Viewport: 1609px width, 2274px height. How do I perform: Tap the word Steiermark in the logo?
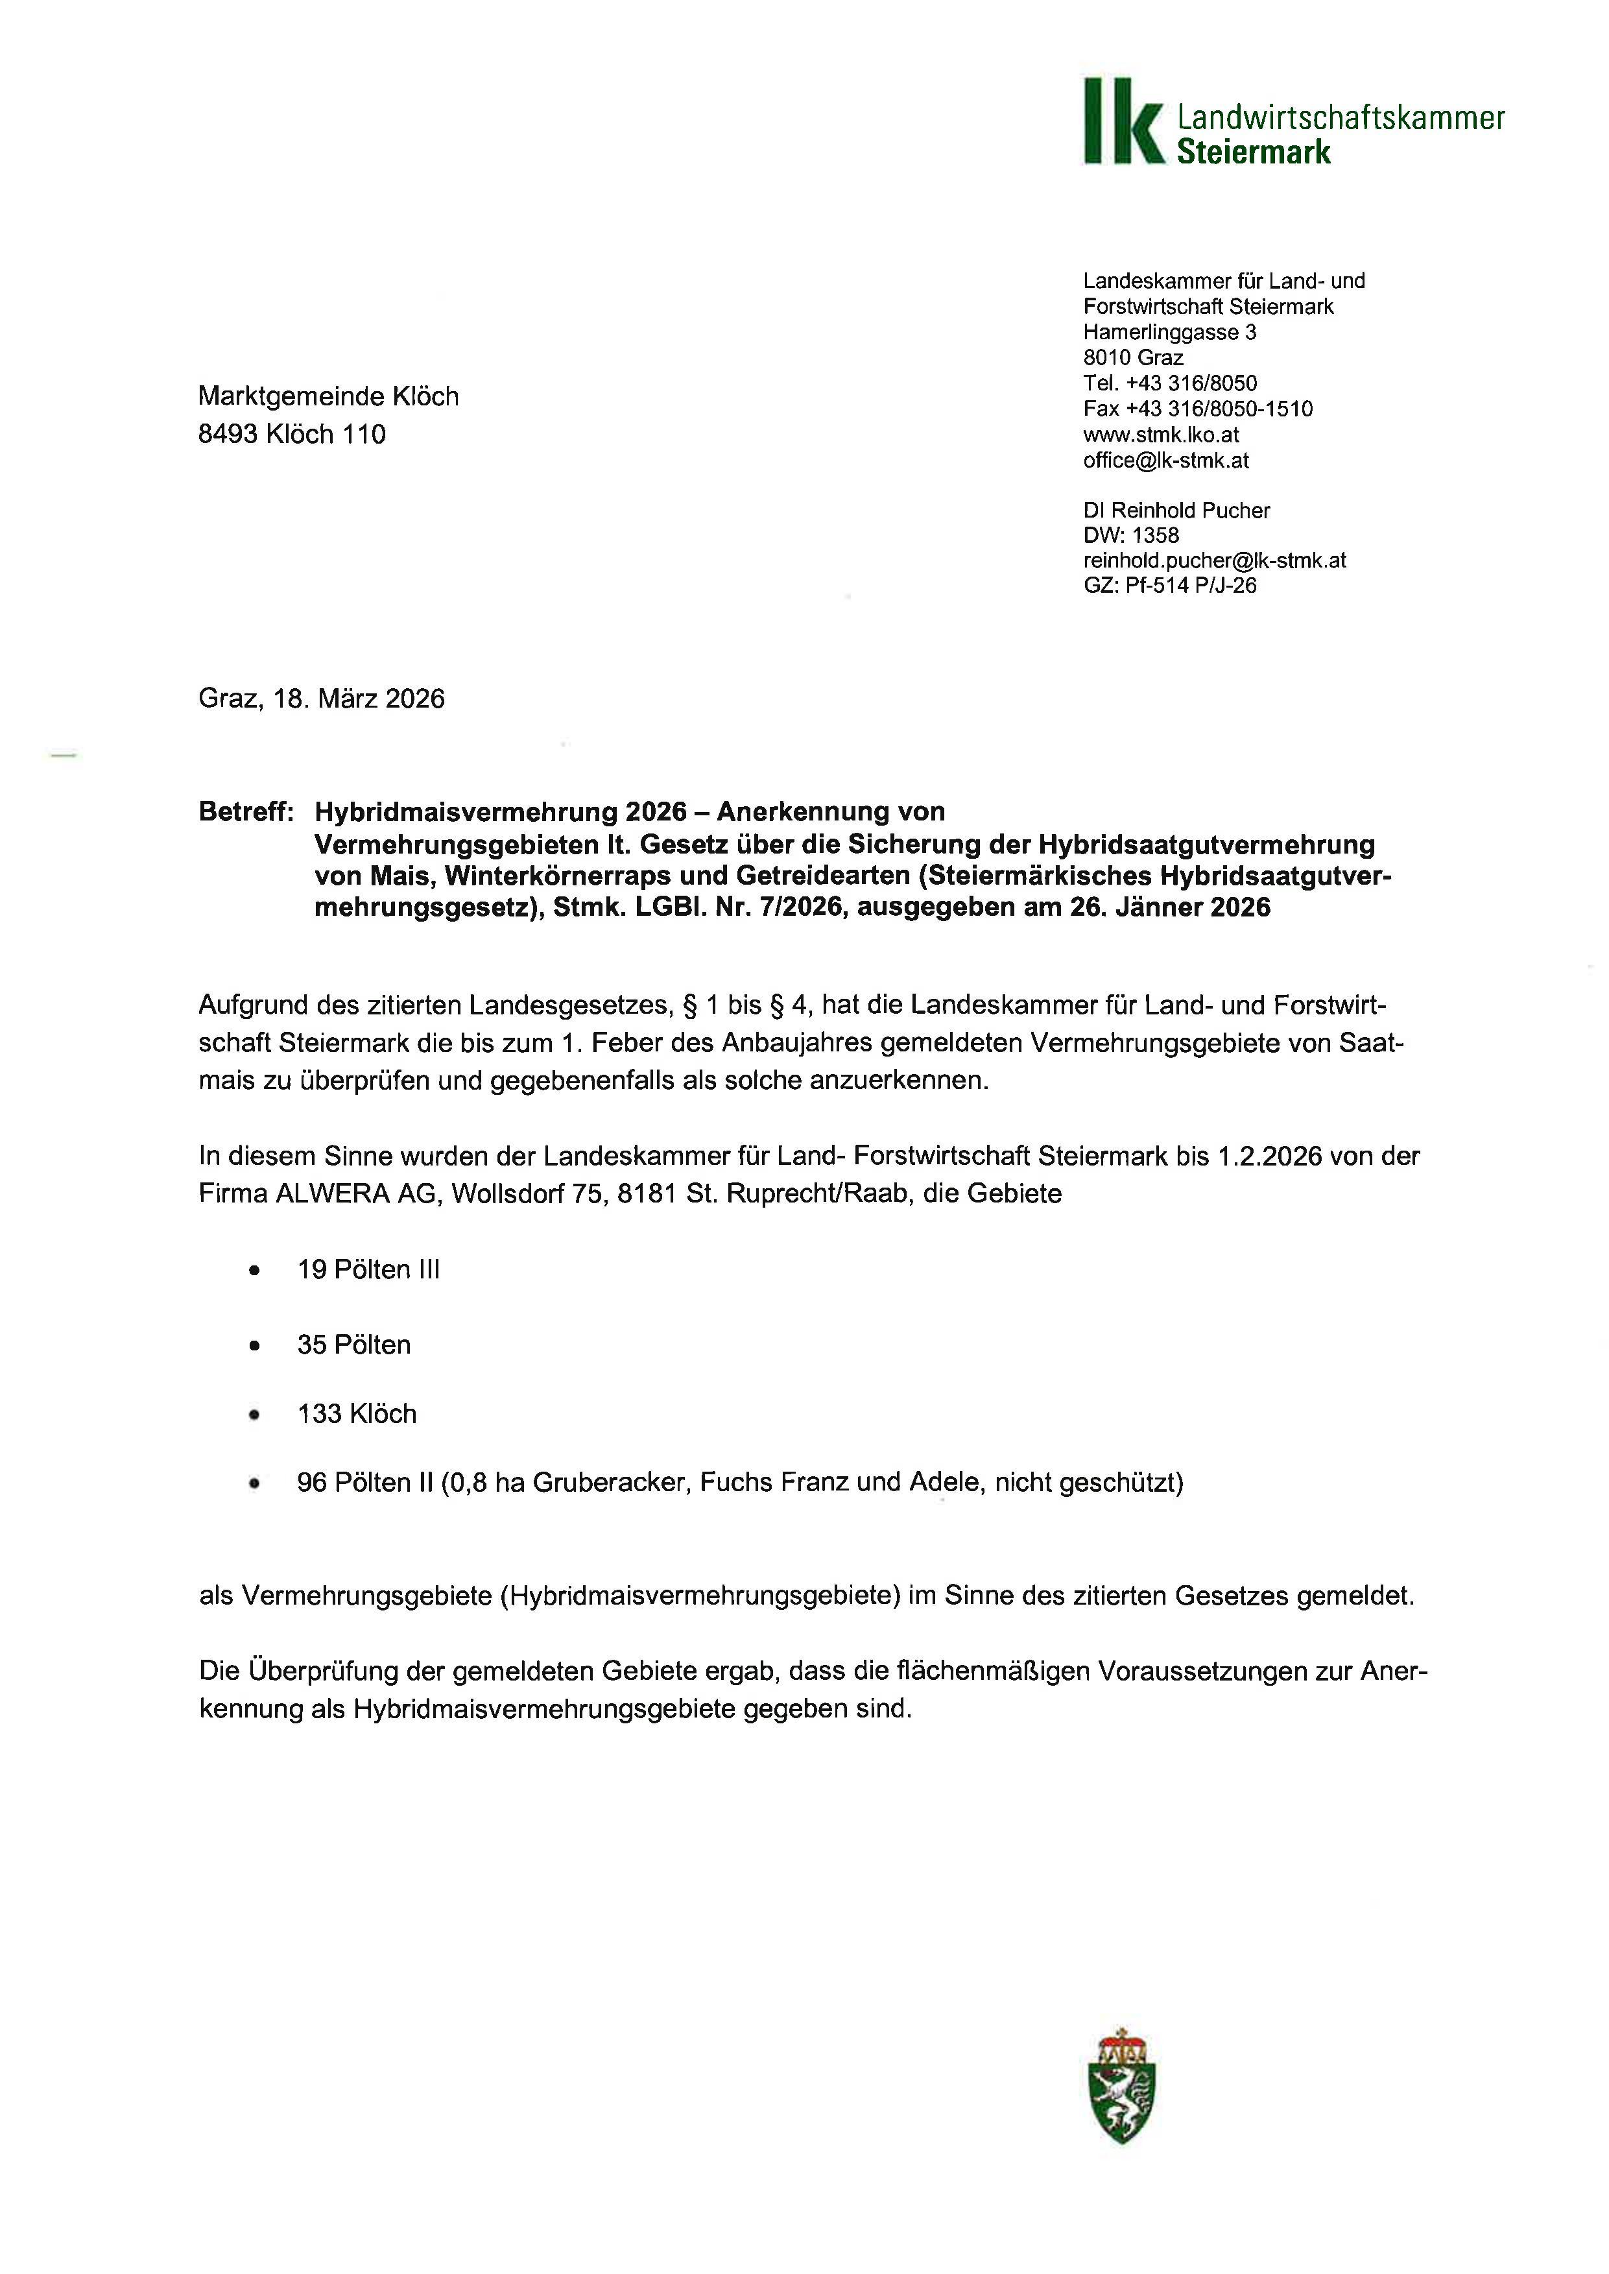coord(1254,152)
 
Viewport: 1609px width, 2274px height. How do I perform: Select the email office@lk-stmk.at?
coord(1165,460)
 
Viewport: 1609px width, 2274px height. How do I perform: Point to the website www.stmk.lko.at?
coord(1160,434)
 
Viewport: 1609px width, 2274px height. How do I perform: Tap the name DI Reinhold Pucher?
coord(1176,510)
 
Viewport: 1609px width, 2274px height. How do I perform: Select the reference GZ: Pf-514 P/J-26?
coord(1169,586)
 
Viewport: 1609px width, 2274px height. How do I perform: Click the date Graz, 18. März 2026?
coord(321,699)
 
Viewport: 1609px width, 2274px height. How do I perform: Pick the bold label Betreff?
coord(246,811)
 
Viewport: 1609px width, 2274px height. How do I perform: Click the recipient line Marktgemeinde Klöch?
coord(328,396)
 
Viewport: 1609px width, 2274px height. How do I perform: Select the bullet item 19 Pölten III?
coord(368,1269)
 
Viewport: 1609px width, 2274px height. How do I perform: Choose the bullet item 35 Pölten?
coord(353,1345)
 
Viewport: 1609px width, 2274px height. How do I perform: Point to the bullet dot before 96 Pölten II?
coord(255,1483)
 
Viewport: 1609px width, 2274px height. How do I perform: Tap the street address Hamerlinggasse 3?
coord(1169,332)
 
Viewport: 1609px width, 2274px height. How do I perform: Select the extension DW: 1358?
coord(1130,535)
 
